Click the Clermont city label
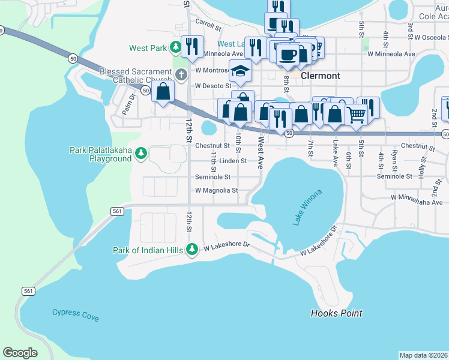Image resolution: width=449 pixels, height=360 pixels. (320, 76)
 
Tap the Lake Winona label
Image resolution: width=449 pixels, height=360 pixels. (307, 208)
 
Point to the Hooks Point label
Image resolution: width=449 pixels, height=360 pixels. (336, 313)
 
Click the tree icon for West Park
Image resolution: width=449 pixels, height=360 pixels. (175, 47)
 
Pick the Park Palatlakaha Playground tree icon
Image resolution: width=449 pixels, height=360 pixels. (141, 154)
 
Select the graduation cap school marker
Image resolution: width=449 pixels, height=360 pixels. (240, 71)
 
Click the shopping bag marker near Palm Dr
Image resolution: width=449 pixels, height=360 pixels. (163, 92)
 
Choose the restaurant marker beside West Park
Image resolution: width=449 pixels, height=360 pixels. (192, 46)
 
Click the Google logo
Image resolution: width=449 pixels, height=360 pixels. (20, 353)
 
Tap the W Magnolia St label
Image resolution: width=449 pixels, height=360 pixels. (217, 191)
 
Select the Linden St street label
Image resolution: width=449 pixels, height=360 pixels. (233, 161)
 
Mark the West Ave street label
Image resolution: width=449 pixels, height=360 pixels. (261, 154)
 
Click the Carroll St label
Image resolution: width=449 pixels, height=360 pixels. (208, 26)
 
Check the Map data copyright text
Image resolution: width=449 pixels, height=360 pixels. (424, 355)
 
